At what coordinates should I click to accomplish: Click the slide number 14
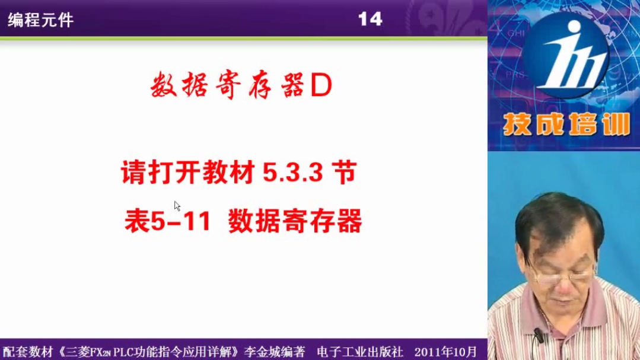pyautogui.click(x=370, y=19)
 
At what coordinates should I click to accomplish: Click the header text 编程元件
pyautogui.click(x=40, y=20)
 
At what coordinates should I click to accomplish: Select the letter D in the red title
pyautogui.click(x=321, y=86)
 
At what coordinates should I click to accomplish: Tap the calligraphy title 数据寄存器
pyautogui.click(x=227, y=85)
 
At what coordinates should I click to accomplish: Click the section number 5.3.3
pyautogui.click(x=292, y=172)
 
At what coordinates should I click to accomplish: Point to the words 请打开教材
pyautogui.click(x=188, y=172)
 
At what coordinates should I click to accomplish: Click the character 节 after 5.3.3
pyautogui.click(x=344, y=172)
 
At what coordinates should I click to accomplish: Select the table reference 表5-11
pyautogui.click(x=167, y=221)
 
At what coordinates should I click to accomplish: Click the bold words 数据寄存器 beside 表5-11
pyautogui.click(x=295, y=221)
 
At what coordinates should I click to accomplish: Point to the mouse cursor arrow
pyautogui.click(x=177, y=206)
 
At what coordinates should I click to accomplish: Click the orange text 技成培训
pyautogui.click(x=566, y=124)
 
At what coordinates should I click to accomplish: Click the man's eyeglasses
pyautogui.click(x=566, y=277)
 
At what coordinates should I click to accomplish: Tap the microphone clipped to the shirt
pyautogui.click(x=539, y=335)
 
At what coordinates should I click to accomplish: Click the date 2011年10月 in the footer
pyautogui.click(x=445, y=352)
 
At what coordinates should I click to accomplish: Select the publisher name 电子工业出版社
pyautogui.click(x=359, y=352)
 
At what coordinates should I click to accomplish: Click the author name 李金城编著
pyautogui.click(x=274, y=352)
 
